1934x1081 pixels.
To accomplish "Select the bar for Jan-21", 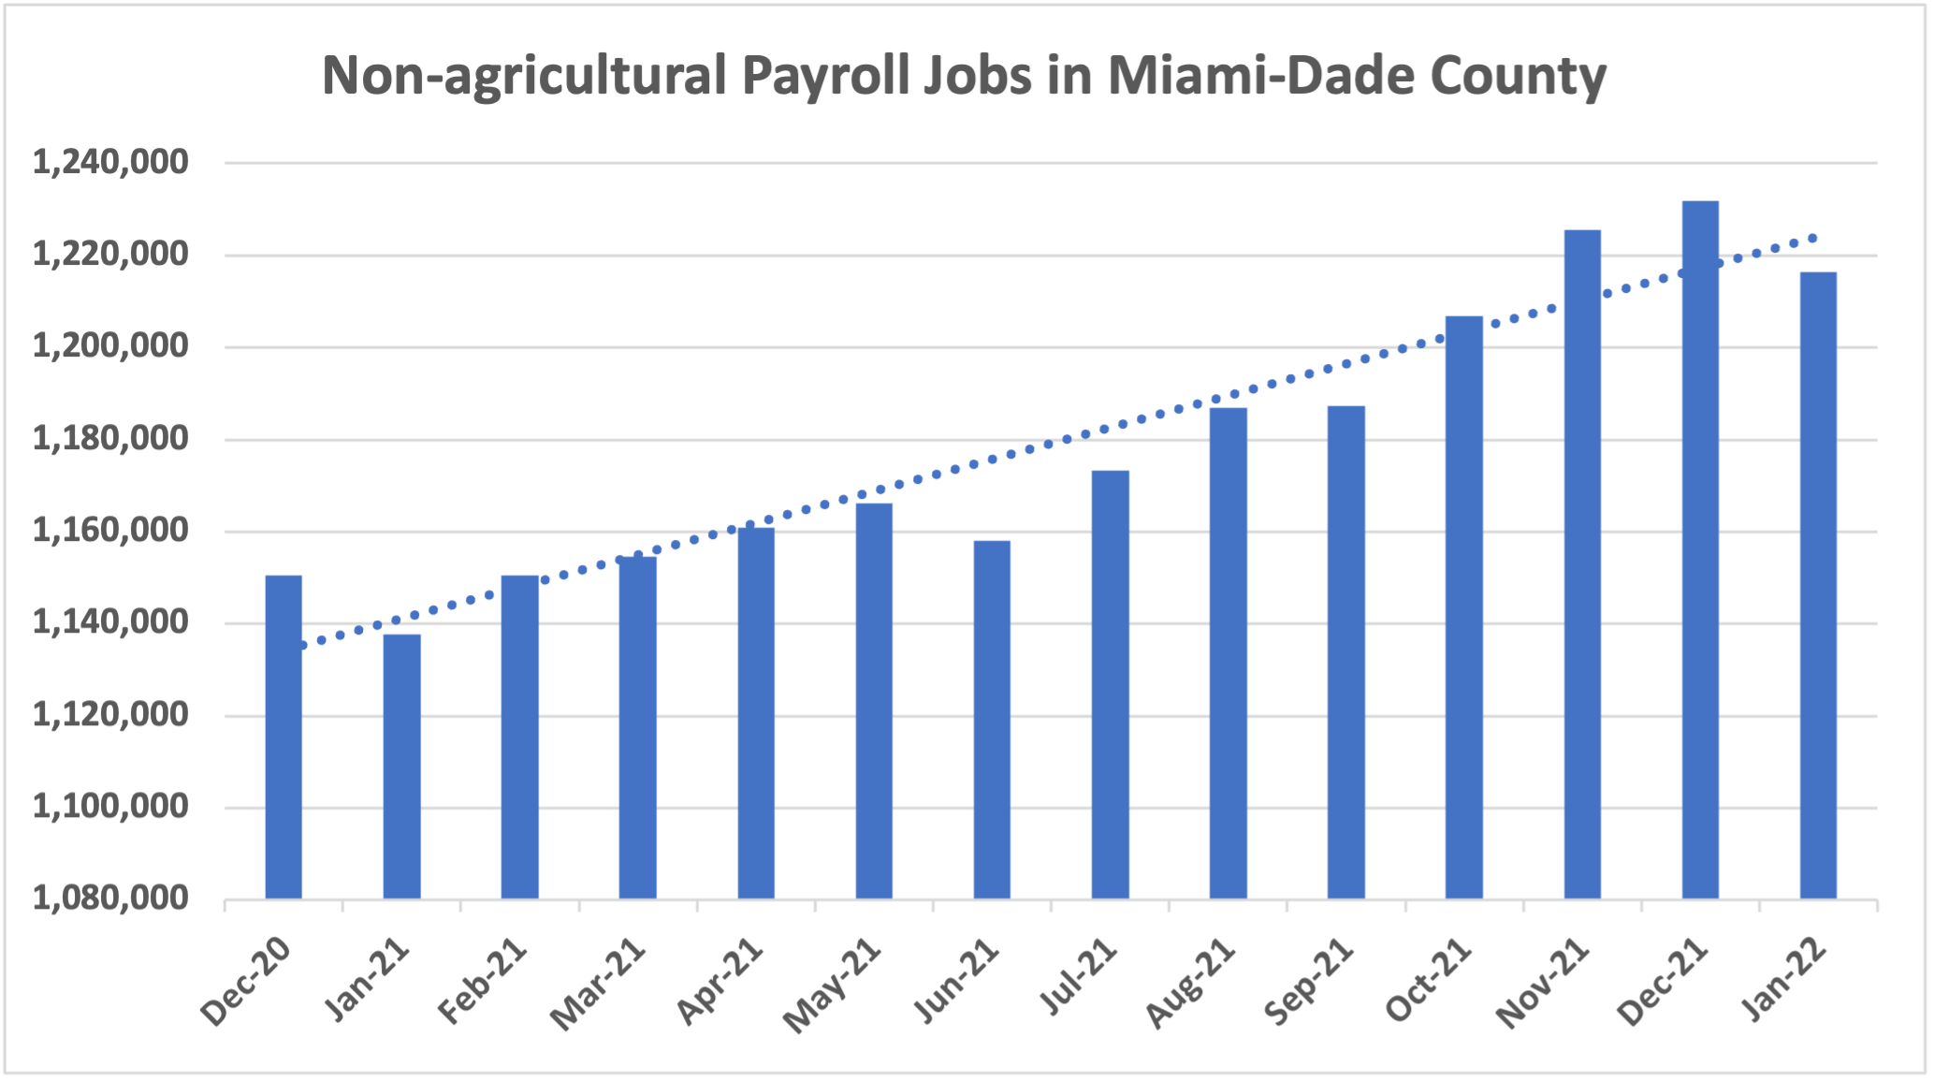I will point(401,767).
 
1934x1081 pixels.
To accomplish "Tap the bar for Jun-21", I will point(992,720).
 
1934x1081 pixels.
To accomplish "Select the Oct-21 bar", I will point(1463,607).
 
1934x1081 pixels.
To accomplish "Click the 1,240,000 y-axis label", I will point(110,163).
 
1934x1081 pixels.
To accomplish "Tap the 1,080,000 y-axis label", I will point(110,898).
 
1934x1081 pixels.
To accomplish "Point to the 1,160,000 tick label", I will point(110,531).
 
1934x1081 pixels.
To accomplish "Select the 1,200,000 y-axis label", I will point(110,346).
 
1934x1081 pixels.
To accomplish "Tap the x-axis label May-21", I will point(833,986).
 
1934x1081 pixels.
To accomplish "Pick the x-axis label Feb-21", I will point(483,983).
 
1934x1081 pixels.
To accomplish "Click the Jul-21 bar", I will point(1110,684).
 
